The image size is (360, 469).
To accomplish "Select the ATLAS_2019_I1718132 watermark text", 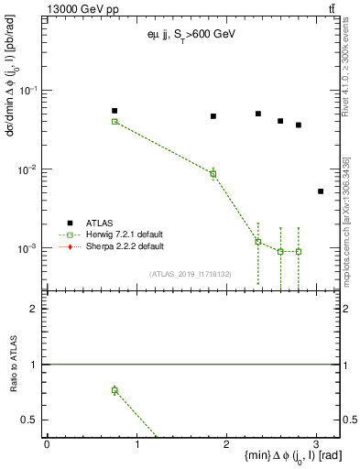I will [x=191, y=273].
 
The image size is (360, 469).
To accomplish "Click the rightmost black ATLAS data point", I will [x=320, y=191].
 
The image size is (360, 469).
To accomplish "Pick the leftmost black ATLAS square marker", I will [x=115, y=111].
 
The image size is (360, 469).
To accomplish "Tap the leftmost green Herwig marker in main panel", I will [x=115, y=121].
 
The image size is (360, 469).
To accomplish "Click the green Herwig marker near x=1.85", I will [x=213, y=173].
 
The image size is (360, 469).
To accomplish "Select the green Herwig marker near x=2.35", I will [x=258, y=242].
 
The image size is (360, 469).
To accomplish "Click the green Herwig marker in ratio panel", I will [x=115, y=390].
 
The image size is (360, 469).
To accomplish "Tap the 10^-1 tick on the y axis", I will [x=29, y=90].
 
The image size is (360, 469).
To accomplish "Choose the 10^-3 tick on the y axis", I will [x=29, y=248].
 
